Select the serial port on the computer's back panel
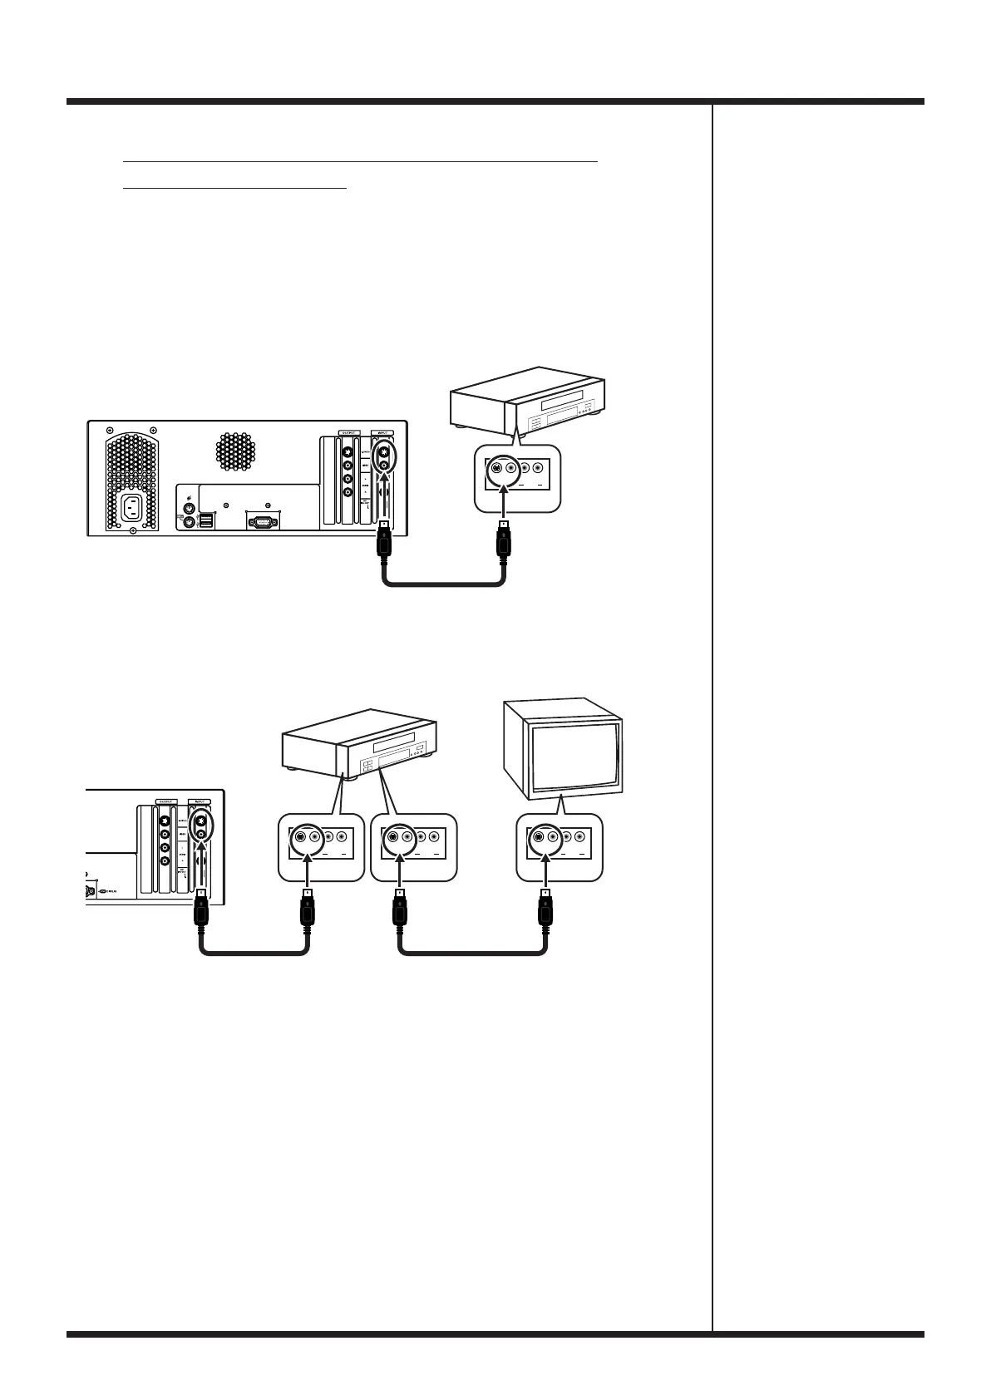pyautogui.click(x=262, y=521)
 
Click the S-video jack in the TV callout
pyautogui.click(x=539, y=838)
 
